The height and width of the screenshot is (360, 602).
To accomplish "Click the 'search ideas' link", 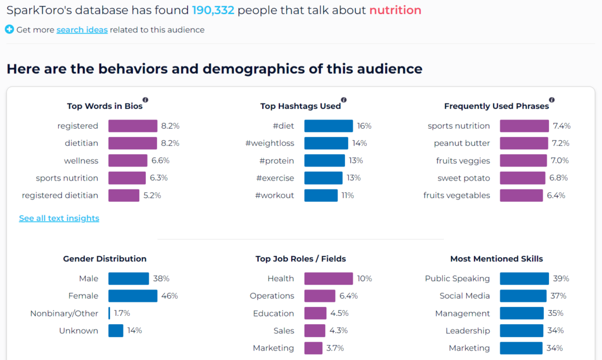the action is pyautogui.click(x=82, y=30).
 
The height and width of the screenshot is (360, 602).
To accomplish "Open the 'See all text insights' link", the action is pyautogui.click(x=59, y=218).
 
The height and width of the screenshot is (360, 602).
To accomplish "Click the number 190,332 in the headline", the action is pyautogui.click(x=213, y=10).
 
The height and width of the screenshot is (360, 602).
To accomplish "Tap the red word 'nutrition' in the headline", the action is pyautogui.click(x=396, y=10).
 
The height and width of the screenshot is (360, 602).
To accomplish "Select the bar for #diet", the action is pyautogui.click(x=329, y=126).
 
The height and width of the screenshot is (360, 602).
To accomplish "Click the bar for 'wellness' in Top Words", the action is pyautogui.click(x=128, y=161).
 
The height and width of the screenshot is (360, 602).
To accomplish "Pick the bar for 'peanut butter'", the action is pyautogui.click(x=524, y=144).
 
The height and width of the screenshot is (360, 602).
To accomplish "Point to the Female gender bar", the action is pyautogui.click(x=133, y=296).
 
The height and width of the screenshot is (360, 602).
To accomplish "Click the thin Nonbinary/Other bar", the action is pyautogui.click(x=109, y=313).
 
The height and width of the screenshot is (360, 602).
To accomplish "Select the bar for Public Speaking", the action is pyautogui.click(x=524, y=279).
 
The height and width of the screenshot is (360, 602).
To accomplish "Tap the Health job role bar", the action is pyautogui.click(x=329, y=279).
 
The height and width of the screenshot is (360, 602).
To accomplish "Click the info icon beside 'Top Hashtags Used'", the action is pyautogui.click(x=344, y=100).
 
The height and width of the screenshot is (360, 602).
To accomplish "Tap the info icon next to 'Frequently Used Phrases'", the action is pyautogui.click(x=551, y=100).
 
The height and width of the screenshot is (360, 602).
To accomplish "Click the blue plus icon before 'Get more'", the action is pyautogui.click(x=9, y=29).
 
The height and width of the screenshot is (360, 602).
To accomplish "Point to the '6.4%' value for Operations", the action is pyautogui.click(x=349, y=296).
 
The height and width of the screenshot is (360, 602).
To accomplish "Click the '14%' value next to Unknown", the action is pyautogui.click(x=135, y=331).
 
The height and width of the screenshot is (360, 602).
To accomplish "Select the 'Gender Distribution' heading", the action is pyautogui.click(x=105, y=259).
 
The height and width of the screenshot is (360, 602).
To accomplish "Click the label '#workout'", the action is pyautogui.click(x=275, y=195).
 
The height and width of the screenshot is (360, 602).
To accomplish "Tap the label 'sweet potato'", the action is pyautogui.click(x=464, y=178).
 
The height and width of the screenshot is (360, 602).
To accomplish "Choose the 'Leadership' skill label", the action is pyautogui.click(x=467, y=331).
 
